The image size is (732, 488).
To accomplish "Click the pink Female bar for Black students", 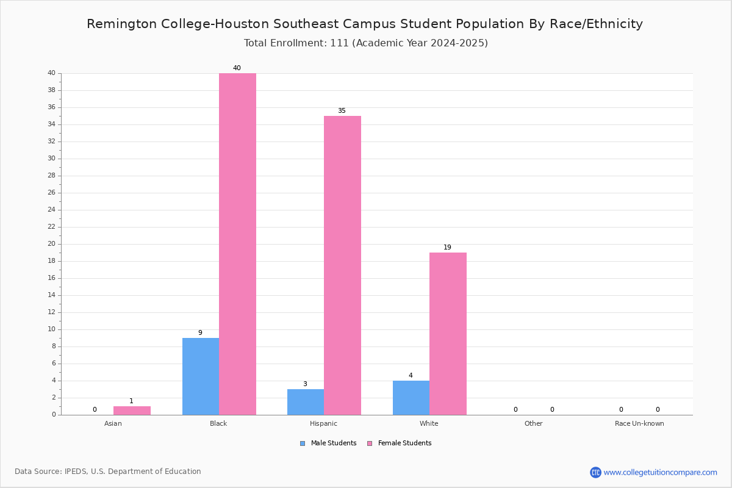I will pyautogui.click(x=237, y=244).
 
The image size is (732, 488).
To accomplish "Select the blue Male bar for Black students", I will pyautogui.click(x=200, y=376).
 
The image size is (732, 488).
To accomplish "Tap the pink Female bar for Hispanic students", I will pyautogui.click(x=342, y=265).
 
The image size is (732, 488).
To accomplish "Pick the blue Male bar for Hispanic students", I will pyautogui.click(x=306, y=402).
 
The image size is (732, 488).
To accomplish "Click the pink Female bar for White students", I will pyautogui.click(x=448, y=334).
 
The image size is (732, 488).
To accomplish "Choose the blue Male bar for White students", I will pyautogui.click(x=411, y=398).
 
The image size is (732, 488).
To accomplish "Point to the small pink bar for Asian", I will pyautogui.click(x=132, y=411).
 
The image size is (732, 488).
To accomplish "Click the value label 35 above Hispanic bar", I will pyautogui.click(x=342, y=111).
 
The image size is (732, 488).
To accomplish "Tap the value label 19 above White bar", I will pyautogui.click(x=447, y=248).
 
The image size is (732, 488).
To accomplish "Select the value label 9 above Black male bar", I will pyautogui.click(x=200, y=333).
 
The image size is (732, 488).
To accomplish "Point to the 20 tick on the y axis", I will pyautogui.click(x=51, y=244).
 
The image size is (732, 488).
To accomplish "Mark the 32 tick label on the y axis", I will pyautogui.click(x=51, y=142).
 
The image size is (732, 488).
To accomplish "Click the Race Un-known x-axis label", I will pyautogui.click(x=639, y=423).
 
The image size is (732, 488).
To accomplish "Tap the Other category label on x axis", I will pyautogui.click(x=533, y=423).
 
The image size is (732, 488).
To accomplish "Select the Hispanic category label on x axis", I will pyautogui.click(x=323, y=423).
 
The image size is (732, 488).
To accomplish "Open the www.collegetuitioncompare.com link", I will pyautogui.click(x=660, y=472).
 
